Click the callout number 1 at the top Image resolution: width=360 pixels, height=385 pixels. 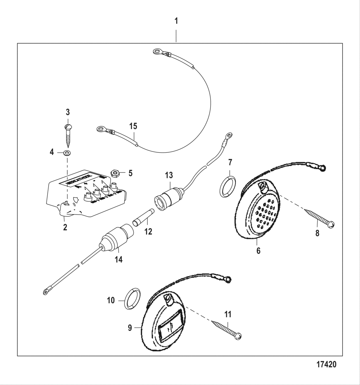[176, 21]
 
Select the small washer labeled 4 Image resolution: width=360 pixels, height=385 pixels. [67, 152]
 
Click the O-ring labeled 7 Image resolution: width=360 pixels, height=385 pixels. [227, 186]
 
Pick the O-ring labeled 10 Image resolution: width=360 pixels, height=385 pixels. [132, 299]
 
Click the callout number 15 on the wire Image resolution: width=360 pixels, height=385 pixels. [133, 126]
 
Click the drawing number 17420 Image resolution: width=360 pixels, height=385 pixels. [326, 364]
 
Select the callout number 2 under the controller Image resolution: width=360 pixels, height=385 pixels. [65, 227]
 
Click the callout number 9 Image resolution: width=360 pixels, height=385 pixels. [130, 328]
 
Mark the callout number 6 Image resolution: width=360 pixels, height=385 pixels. [258, 251]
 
